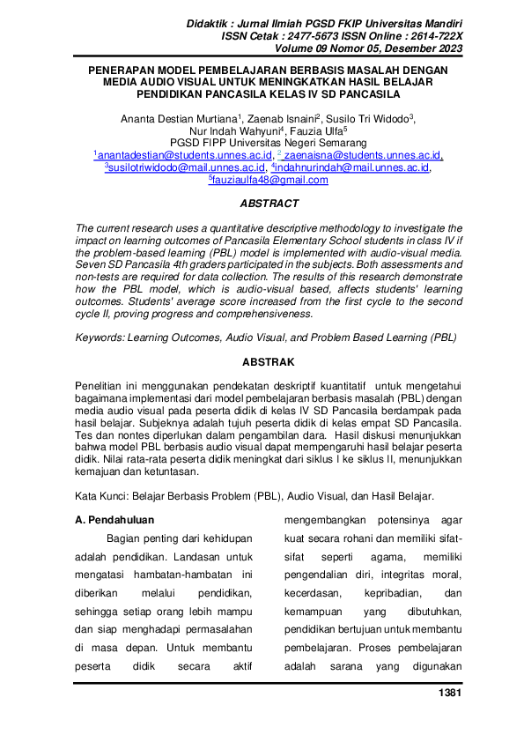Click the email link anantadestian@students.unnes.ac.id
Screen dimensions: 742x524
[174, 154]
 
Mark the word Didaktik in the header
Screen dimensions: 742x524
[210, 21]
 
